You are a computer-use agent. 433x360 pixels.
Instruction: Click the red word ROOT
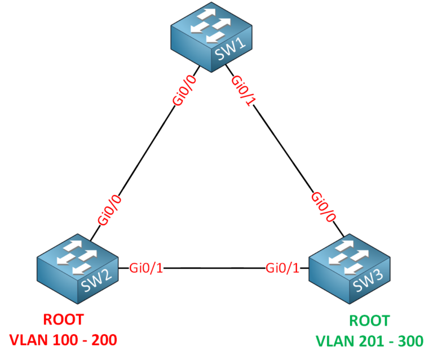click(63, 319)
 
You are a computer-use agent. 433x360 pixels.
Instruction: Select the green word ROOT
click(369, 321)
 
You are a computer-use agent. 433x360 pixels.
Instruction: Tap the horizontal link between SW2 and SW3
click(214, 268)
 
